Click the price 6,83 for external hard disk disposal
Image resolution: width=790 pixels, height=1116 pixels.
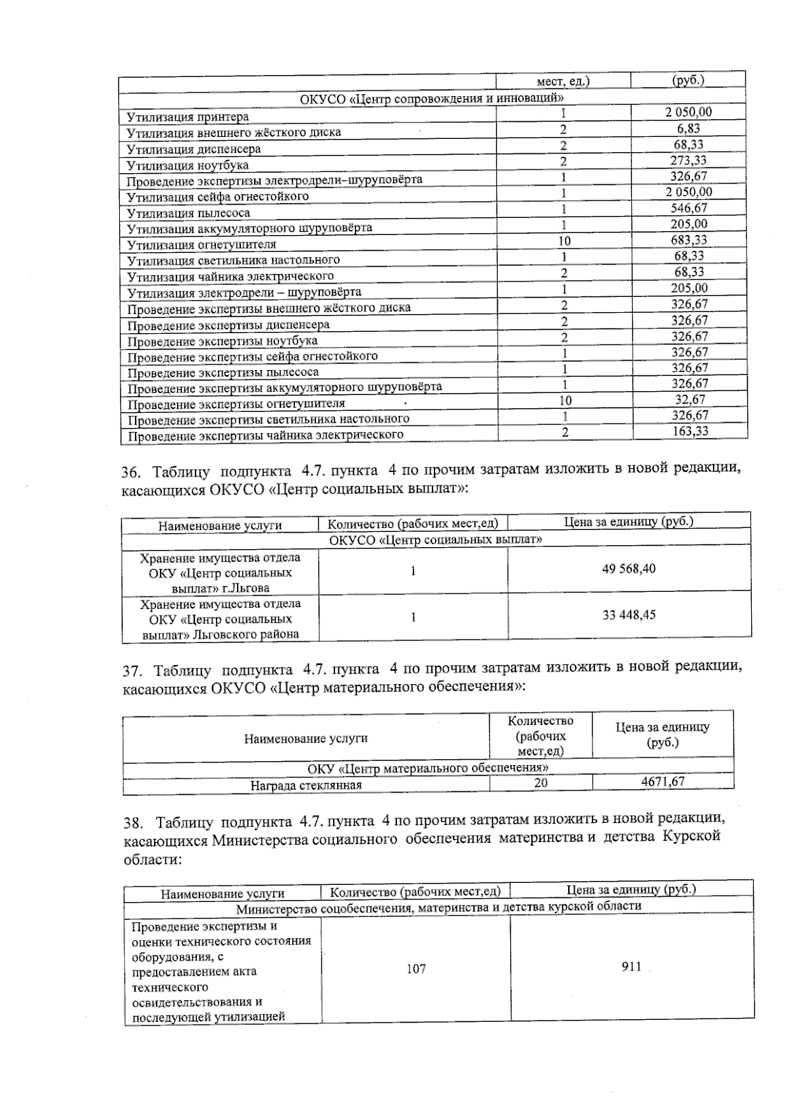pyautogui.click(x=689, y=129)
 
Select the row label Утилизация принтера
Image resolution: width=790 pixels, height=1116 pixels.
pyautogui.click(x=188, y=117)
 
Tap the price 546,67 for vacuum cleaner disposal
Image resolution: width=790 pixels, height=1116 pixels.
pyautogui.click(x=689, y=208)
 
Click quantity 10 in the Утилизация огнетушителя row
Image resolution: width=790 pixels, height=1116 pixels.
pyautogui.click(x=564, y=241)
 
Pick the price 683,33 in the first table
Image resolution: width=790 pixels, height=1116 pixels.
pyautogui.click(x=689, y=240)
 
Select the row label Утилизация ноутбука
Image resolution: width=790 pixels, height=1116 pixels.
pyautogui.click(x=188, y=165)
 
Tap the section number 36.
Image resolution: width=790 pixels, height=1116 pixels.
pyautogui.click(x=132, y=473)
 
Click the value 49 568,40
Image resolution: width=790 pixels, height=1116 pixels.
pyautogui.click(x=629, y=569)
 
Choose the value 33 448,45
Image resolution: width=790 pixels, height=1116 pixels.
pyautogui.click(x=629, y=615)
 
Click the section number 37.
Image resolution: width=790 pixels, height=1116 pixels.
pyautogui.click(x=133, y=672)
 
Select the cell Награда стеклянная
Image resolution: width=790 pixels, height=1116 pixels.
pyautogui.click(x=306, y=785)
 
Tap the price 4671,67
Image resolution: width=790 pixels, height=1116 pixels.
pyautogui.click(x=663, y=782)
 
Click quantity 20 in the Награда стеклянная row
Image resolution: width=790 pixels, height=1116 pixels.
pyautogui.click(x=540, y=783)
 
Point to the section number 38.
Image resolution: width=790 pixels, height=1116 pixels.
pyautogui.click(x=134, y=822)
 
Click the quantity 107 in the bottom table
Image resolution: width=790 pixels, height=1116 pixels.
pyautogui.click(x=416, y=969)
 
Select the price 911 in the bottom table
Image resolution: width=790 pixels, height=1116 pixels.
pyautogui.click(x=631, y=967)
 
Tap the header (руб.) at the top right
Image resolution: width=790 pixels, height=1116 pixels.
pyautogui.click(x=688, y=80)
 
